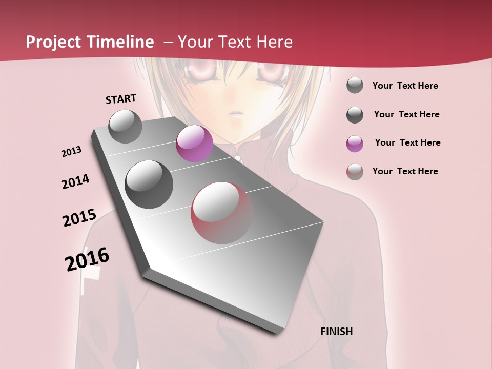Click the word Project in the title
coord(53,42)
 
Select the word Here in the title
coord(274,42)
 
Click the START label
coord(121,99)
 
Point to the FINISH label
coord(337,332)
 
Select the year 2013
coord(72,152)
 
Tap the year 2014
coord(76,181)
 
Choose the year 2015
coord(79,218)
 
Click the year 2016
coord(87,259)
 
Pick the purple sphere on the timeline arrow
coord(194,143)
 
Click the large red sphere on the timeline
coord(222,213)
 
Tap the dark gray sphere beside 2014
coord(149,184)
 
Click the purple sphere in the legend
coord(355,143)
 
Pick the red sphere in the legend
coord(355,172)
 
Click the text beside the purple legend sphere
coord(407,142)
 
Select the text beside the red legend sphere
coord(405,171)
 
